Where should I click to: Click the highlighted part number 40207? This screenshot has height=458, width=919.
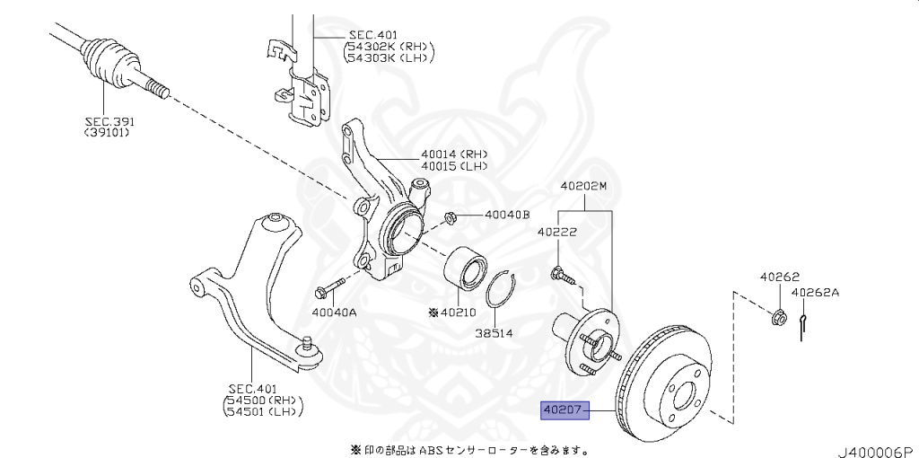coord(563,410)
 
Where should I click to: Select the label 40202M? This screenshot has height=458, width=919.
coord(584,186)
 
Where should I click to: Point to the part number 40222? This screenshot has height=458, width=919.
coord(557,232)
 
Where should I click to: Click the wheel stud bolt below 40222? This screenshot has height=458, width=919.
coord(559,273)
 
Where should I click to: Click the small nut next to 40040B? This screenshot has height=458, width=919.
coord(452,216)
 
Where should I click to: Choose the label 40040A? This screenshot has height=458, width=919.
coord(334,313)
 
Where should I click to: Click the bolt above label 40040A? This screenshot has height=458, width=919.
coord(328,288)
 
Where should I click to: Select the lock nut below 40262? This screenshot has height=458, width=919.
coord(779,317)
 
